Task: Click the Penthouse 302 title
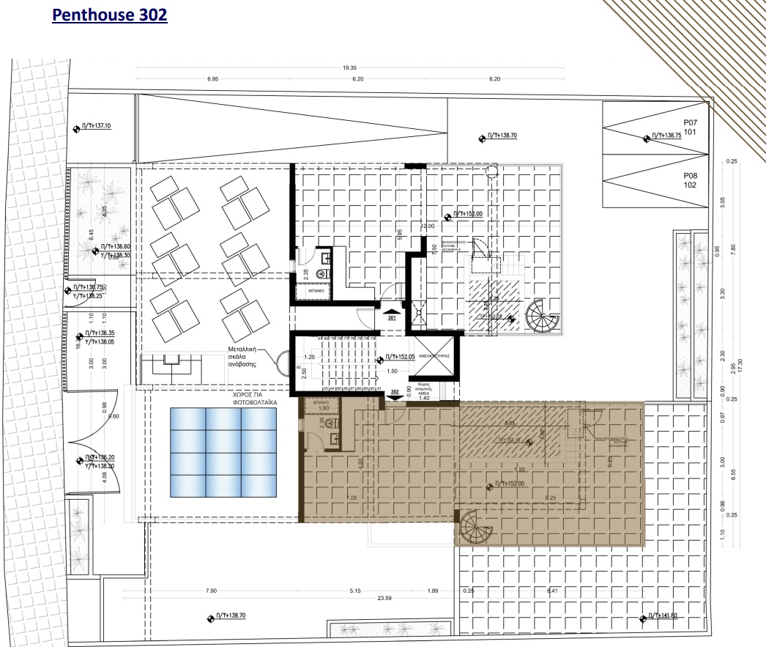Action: point(110,15)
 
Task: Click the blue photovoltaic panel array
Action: point(224,451)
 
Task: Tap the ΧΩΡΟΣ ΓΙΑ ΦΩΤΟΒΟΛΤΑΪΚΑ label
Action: point(224,397)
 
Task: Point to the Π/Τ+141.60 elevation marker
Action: point(662,616)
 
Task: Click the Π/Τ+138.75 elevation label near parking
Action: point(668,136)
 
